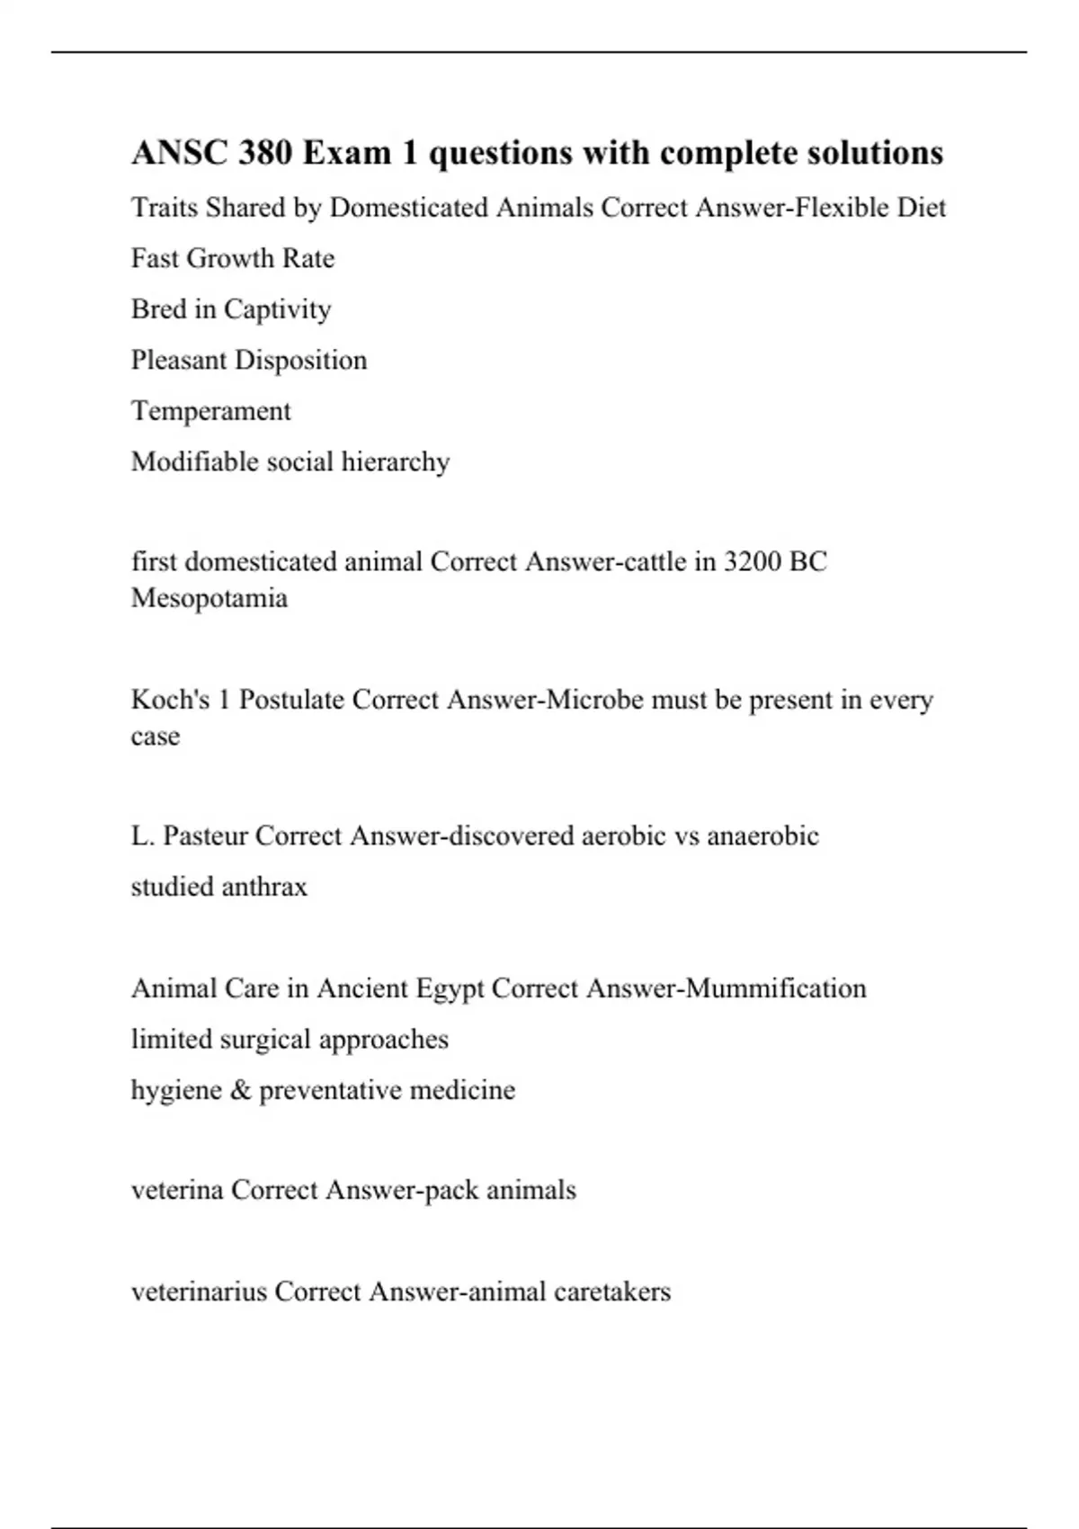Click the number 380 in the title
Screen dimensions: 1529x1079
coord(265,153)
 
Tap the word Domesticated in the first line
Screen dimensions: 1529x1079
coord(409,208)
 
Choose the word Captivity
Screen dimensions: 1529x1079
coord(277,309)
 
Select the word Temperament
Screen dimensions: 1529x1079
coord(211,411)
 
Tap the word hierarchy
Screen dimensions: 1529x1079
coord(396,462)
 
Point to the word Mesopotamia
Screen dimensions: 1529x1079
coord(210,598)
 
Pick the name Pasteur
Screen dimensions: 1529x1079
coord(206,836)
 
